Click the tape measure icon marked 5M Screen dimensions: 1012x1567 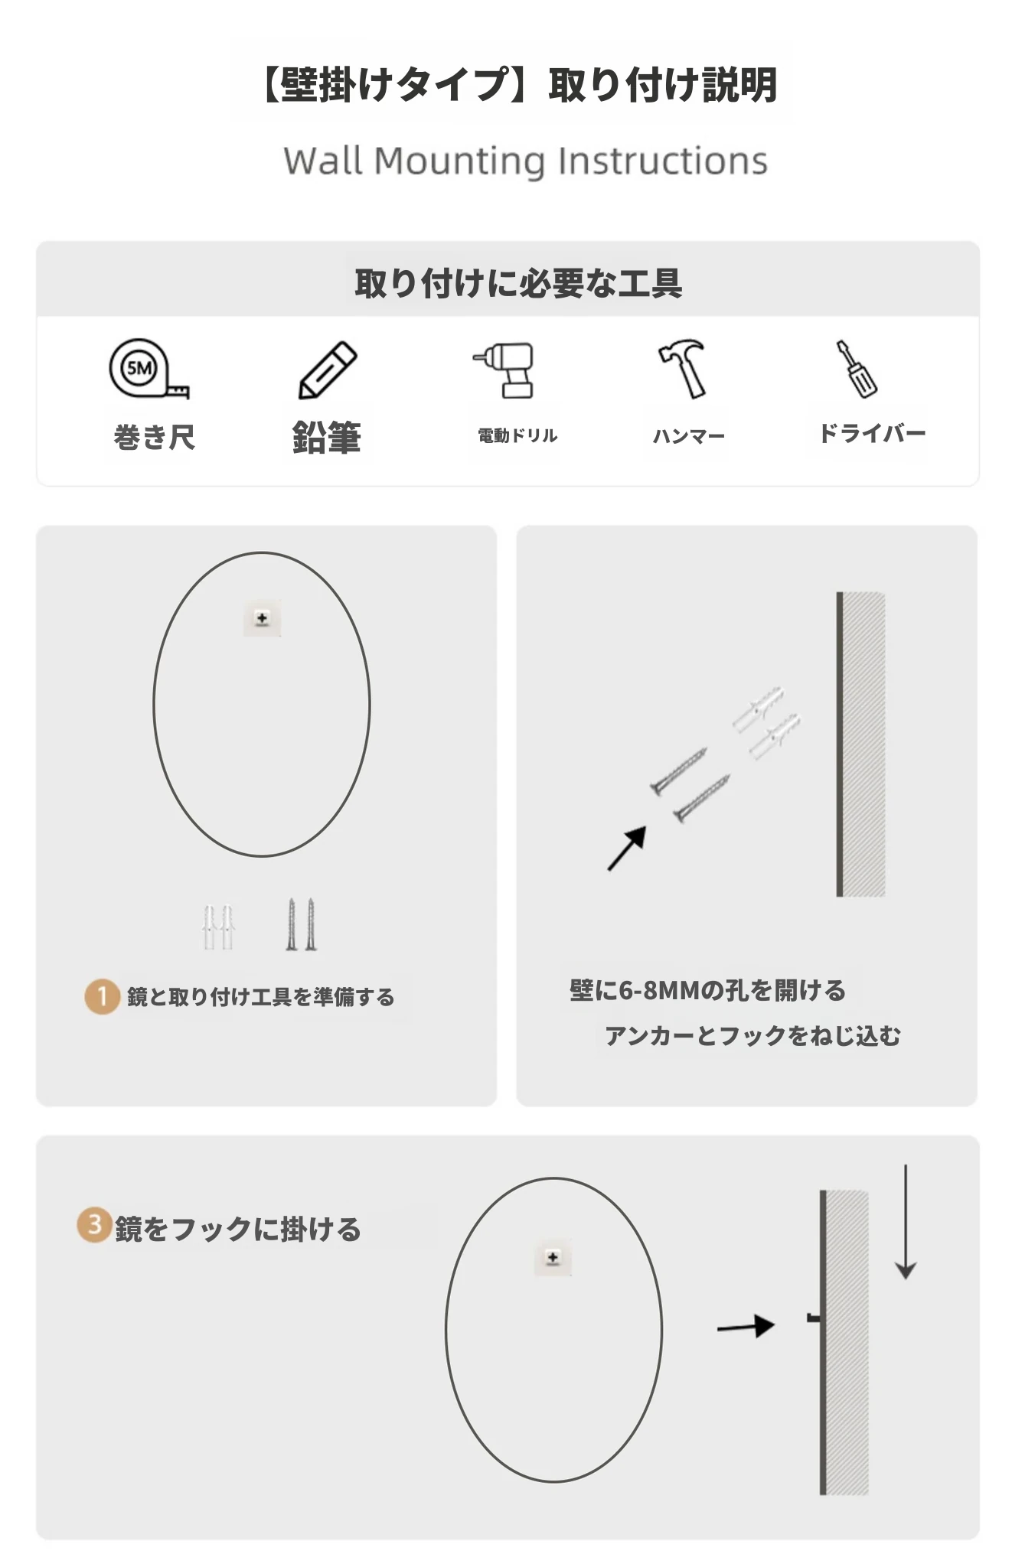tap(148, 369)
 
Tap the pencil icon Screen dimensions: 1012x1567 tap(328, 370)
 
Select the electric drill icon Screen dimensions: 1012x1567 tap(504, 370)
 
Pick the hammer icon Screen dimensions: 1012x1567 tap(683, 368)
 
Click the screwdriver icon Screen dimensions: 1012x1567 tap(857, 369)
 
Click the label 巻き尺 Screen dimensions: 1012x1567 tap(154, 438)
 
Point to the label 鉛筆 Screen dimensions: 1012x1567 tap(327, 437)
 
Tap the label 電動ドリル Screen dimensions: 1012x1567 tap(517, 435)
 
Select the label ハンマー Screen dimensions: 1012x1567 tap(688, 436)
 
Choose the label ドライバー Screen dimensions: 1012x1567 tap(872, 433)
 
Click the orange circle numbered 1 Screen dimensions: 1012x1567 tap(102, 996)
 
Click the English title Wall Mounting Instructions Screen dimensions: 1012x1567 tap(525, 161)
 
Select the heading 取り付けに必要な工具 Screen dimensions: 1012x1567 tap(518, 283)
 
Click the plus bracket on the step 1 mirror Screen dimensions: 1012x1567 tap(262, 618)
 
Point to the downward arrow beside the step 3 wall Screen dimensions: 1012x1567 tap(906, 1222)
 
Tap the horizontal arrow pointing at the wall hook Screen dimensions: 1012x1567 tap(746, 1326)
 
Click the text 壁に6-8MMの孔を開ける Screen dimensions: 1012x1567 tap(708, 990)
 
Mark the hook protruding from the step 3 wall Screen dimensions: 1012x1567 tap(814, 1318)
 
